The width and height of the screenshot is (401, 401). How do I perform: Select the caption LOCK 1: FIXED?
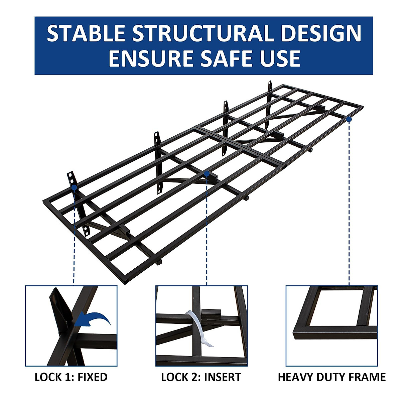tap(71, 377)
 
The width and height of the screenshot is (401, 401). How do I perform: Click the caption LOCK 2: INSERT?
tap(201, 377)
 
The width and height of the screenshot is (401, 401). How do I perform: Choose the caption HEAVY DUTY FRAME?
tap(331, 377)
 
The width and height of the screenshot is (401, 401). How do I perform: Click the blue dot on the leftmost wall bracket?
tap(74, 188)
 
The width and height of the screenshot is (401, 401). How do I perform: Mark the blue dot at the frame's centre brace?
tap(207, 173)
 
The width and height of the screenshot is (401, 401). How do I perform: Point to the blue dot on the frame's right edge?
tap(349, 119)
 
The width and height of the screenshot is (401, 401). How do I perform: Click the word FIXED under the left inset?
tap(93, 377)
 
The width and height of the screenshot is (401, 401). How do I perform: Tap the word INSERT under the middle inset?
tap(223, 377)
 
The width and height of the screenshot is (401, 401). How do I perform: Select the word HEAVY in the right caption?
tap(295, 377)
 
